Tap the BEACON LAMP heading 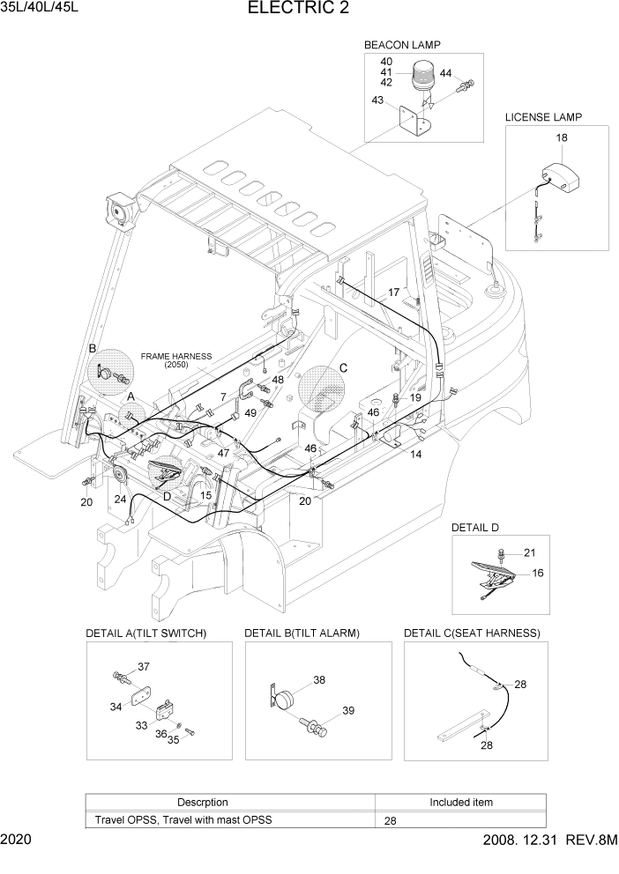tap(402, 44)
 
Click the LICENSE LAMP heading tap(543, 117)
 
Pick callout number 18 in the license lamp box tap(562, 138)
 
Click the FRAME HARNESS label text tap(176, 357)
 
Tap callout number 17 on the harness tap(394, 292)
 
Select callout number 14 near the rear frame tap(415, 455)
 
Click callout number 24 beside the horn tap(120, 499)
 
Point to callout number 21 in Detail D tap(529, 552)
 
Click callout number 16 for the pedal tap(537, 573)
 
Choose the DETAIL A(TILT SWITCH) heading tap(145, 633)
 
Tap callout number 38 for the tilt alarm tap(318, 679)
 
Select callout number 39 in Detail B tap(347, 711)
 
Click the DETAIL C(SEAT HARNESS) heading tap(472, 633)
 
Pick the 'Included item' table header tap(460, 803)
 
